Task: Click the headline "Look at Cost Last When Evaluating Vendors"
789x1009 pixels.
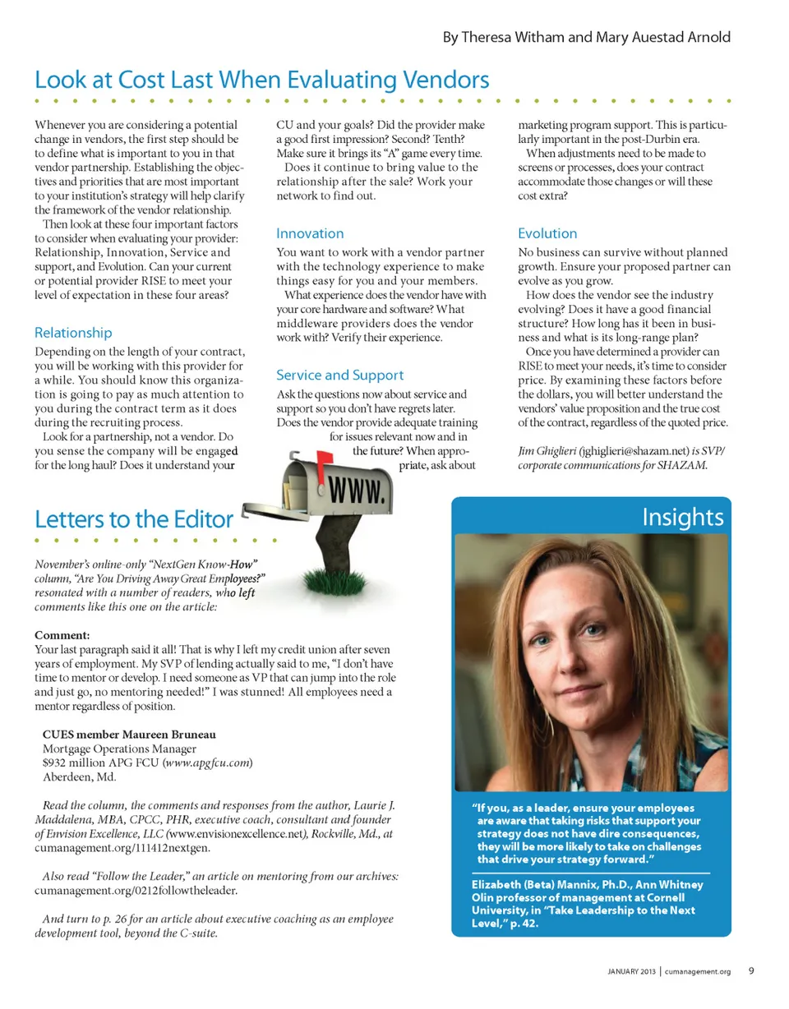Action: [x=262, y=80]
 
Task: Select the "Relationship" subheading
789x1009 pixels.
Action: [x=74, y=333]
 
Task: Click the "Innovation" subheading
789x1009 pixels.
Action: [x=310, y=233]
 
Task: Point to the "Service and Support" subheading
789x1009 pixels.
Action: [x=339, y=375]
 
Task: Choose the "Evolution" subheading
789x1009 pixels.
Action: [x=547, y=233]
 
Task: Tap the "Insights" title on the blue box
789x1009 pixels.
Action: [x=682, y=517]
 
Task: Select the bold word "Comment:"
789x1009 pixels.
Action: [x=62, y=634]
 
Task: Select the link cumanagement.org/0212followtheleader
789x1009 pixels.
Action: [x=136, y=890]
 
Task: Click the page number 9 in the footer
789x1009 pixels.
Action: [x=751, y=970]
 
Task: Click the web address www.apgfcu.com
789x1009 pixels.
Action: [x=207, y=763]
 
